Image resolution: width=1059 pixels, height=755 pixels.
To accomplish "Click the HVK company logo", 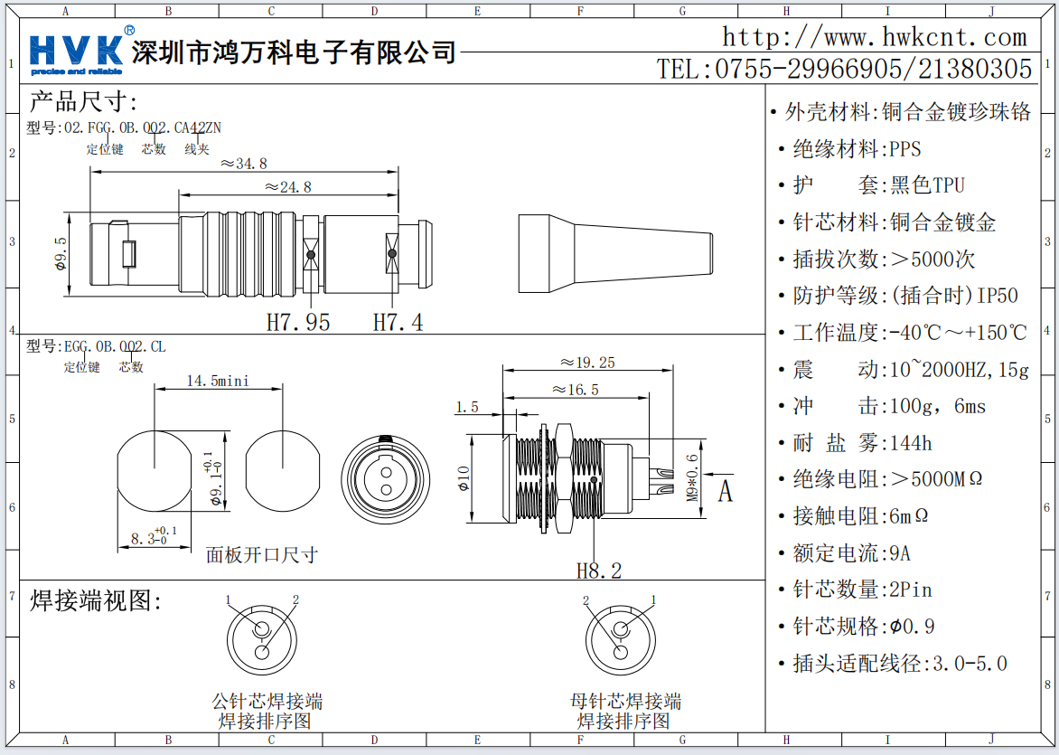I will [77, 52].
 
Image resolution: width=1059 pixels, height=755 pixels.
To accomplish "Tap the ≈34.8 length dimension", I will [244, 164].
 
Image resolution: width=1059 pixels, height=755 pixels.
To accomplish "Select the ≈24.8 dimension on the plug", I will [288, 187].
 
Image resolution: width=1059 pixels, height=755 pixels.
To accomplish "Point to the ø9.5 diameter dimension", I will [61, 254].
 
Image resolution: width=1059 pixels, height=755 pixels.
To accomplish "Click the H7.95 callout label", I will [298, 322].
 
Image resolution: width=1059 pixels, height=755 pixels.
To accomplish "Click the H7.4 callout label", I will [398, 322].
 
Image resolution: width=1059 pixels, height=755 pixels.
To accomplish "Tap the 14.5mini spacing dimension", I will [217, 381].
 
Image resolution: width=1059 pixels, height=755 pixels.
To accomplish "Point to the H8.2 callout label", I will [599, 571].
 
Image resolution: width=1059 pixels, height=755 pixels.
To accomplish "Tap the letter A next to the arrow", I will [725, 492].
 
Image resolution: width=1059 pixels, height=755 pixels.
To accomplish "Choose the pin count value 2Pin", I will [910, 590].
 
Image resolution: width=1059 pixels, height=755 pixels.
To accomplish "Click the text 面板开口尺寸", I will [262, 554].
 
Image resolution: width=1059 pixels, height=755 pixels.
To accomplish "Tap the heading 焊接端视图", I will [96, 601].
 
